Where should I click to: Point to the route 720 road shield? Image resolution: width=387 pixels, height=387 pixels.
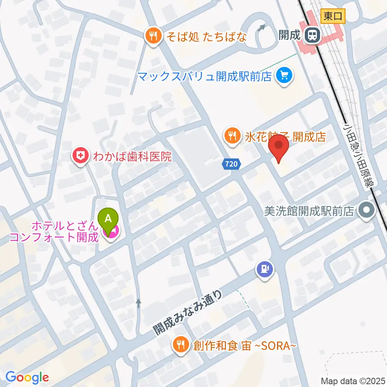[x=232, y=164]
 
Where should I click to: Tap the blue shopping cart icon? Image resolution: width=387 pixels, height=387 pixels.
[x=285, y=75]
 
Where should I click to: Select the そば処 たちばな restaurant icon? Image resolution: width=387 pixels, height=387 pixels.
[x=153, y=37]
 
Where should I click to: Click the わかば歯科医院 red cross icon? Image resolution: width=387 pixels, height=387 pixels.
[x=80, y=156]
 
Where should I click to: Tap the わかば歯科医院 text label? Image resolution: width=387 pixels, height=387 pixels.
[x=133, y=156]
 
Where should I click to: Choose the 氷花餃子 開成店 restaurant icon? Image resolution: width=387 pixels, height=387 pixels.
[x=232, y=136]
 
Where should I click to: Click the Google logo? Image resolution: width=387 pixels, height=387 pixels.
[x=27, y=377]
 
